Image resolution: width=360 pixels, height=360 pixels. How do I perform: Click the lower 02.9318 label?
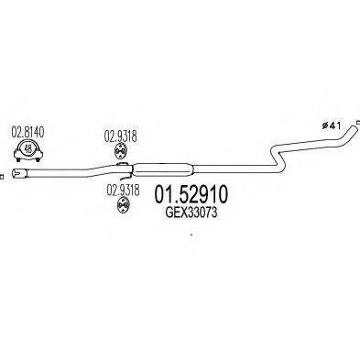(121, 189)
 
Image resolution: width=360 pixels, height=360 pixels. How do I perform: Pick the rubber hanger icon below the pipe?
(121, 206)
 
